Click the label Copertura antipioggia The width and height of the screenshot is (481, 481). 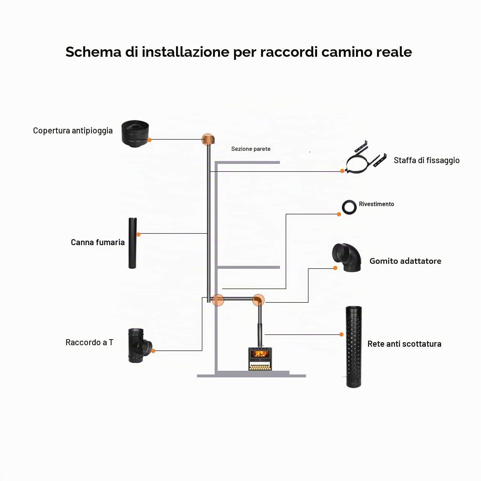coord(73,131)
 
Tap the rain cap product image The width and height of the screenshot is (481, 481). coord(135,134)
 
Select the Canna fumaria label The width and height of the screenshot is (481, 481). coord(98,242)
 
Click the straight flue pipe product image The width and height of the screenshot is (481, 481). coord(132,243)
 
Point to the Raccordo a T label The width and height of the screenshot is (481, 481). coord(89,342)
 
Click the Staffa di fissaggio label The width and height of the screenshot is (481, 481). coord(427,161)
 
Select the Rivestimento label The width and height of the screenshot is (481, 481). coord(376,204)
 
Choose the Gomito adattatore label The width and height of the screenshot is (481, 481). coord(405,261)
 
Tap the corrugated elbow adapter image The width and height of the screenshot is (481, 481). coord(347,257)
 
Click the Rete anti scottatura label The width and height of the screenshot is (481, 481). coord(404,344)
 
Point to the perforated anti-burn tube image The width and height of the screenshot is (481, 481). coord(354,347)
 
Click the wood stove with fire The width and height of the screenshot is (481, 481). coord(260,359)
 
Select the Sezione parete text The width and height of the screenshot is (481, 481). coord(251,149)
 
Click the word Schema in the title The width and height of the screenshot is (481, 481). coord(93,52)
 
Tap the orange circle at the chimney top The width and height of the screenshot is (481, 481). coord(208,140)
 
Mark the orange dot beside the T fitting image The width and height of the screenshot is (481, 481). coord(153,351)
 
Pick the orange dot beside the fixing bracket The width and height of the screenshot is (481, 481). coord(342,171)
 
